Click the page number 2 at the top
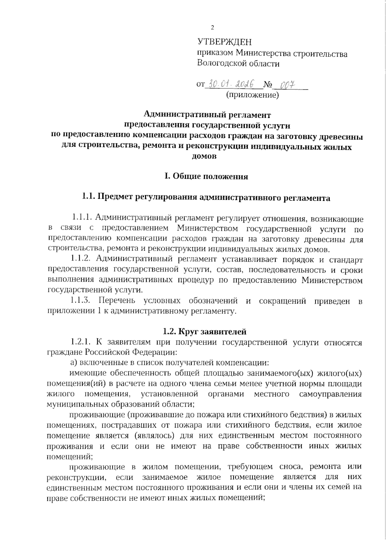212,28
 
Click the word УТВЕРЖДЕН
225,42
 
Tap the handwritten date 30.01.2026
230,84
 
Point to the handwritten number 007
288,85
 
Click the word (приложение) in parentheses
252,95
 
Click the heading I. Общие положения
206,177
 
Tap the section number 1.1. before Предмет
88,197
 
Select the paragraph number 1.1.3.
81,301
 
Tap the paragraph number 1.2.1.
81,342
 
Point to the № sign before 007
268,86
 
